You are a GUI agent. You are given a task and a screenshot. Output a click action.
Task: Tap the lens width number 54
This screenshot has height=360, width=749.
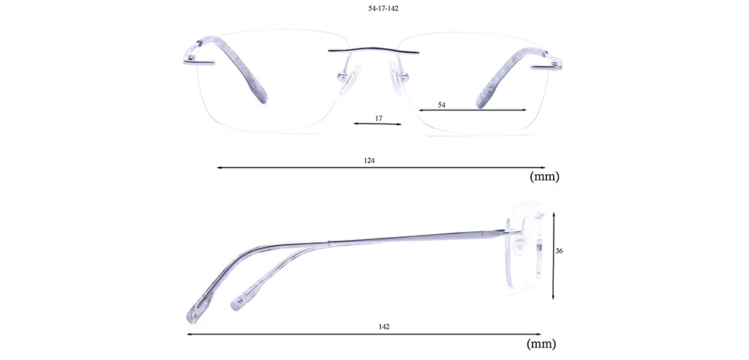pyautogui.click(x=441, y=105)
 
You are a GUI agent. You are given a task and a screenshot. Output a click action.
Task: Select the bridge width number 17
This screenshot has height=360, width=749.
pyautogui.click(x=378, y=118)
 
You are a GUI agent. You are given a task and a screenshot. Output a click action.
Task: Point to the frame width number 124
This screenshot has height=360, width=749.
pyautogui.click(x=369, y=161)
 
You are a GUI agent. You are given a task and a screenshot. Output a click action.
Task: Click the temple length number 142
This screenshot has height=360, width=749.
pyautogui.click(x=384, y=327)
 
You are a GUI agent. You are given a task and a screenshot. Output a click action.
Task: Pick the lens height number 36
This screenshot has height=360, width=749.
pyautogui.click(x=560, y=250)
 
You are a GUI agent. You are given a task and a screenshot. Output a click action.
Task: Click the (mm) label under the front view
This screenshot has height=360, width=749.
pyautogui.click(x=544, y=176)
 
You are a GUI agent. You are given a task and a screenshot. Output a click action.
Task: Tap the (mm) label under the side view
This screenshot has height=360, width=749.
pyautogui.click(x=541, y=343)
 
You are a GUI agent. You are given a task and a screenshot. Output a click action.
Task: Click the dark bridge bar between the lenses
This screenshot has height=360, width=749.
pyautogui.click(x=373, y=50)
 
